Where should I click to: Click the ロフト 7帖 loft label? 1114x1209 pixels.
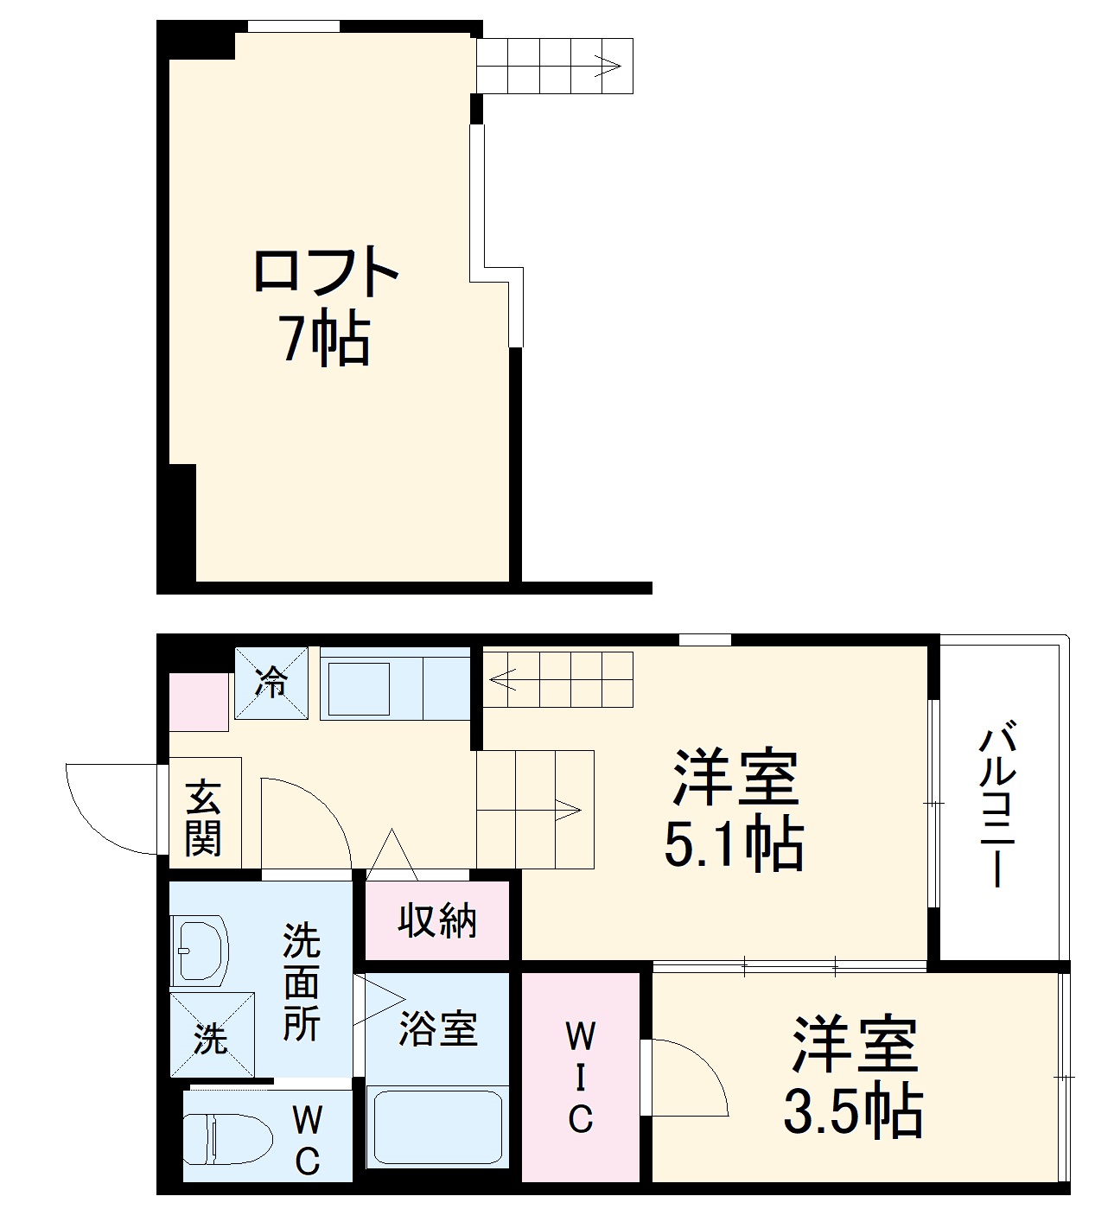[324, 306]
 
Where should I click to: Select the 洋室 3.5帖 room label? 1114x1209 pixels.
[854, 1077]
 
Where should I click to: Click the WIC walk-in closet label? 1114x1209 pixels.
[581, 1077]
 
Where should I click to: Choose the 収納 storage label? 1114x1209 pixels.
[437, 921]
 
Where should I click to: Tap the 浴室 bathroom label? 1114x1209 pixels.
[437, 1028]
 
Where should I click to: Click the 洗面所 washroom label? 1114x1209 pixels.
[302, 983]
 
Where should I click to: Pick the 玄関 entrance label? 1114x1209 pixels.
[204, 818]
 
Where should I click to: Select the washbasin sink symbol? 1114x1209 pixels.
[201, 951]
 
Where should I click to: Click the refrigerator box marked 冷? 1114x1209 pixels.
[271, 683]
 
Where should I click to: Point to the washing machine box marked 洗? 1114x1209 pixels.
[212, 1035]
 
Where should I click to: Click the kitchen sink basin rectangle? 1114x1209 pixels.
[359, 688]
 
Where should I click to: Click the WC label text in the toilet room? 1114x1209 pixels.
[308, 1141]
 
